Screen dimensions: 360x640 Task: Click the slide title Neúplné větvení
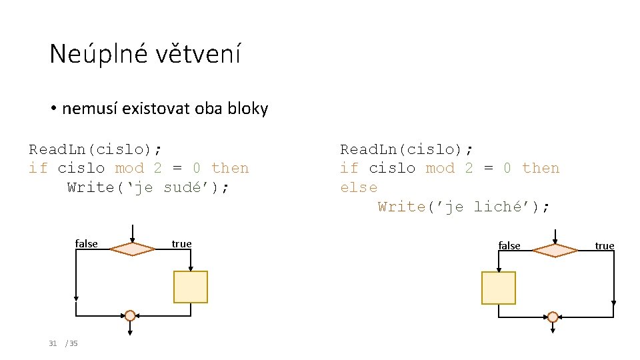(145, 54)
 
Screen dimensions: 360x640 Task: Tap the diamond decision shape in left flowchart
(133, 249)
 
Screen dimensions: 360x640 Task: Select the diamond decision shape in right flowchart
(555, 250)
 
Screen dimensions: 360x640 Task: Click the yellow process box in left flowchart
(190, 287)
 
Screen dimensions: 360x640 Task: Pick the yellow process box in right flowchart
(498, 288)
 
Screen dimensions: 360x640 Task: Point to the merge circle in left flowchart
(130, 315)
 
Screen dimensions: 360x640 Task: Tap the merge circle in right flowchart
(553, 317)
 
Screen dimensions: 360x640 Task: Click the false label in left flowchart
(87, 244)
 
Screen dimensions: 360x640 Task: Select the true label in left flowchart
(181, 244)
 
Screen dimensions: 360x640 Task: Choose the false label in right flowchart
(509, 246)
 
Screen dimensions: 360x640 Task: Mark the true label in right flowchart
(604, 246)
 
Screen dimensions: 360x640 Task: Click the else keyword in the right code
(359, 187)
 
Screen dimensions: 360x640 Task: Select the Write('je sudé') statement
(149, 187)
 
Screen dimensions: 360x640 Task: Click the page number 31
(53, 343)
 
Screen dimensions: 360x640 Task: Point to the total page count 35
(73, 343)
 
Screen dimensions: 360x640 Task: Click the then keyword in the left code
(229, 168)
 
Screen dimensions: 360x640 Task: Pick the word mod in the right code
(440, 168)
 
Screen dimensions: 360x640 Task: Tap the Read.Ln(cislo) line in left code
(95, 149)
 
